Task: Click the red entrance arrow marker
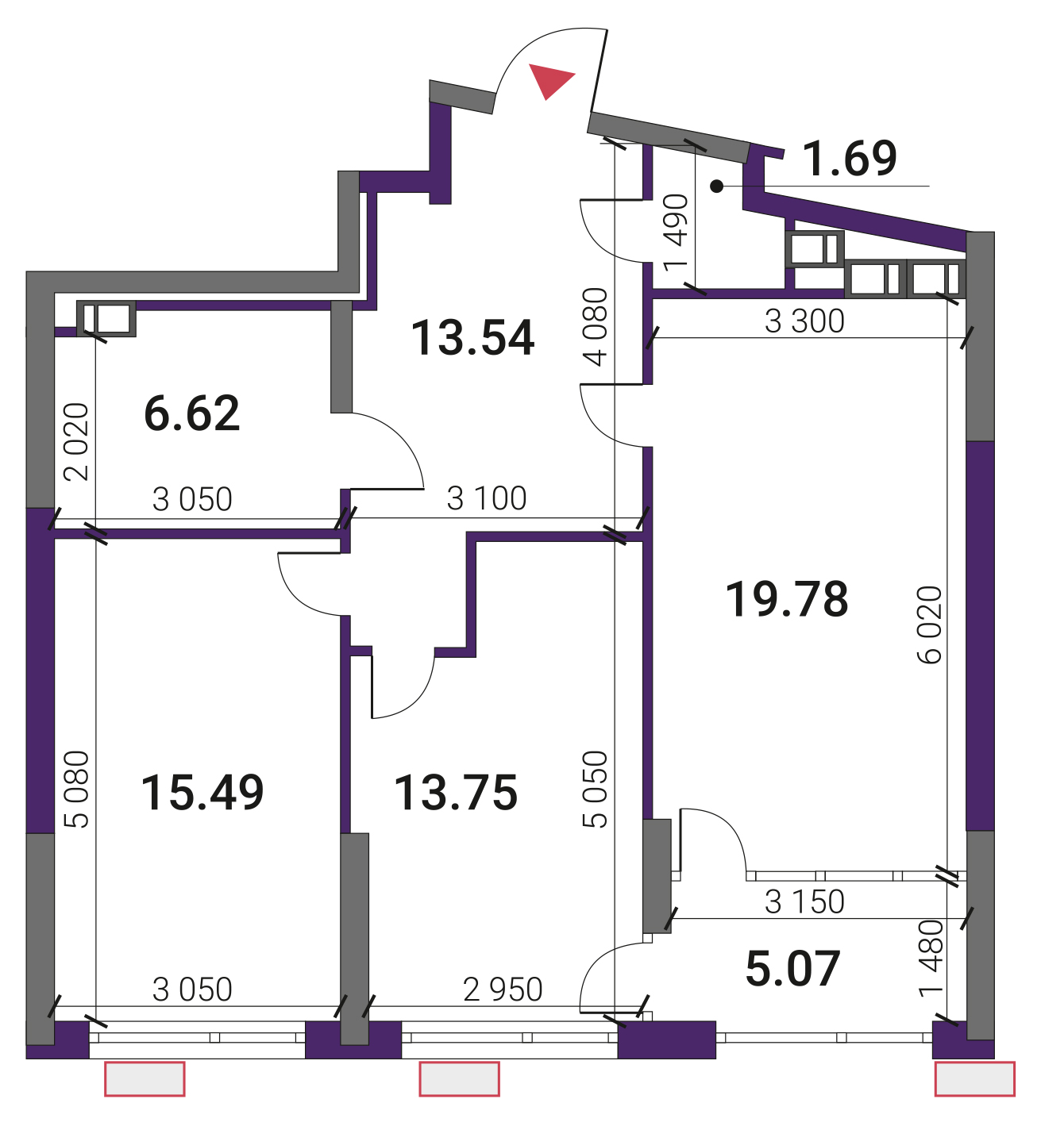(x=549, y=80)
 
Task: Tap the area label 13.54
(x=472, y=339)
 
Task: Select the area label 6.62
(x=192, y=413)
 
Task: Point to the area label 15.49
(x=202, y=792)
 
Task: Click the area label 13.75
(x=455, y=793)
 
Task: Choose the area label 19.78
(x=787, y=599)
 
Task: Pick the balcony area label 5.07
(x=792, y=969)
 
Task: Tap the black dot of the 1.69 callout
(x=717, y=186)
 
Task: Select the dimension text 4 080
(x=596, y=327)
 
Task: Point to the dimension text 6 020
(x=930, y=624)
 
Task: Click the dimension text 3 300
(x=804, y=321)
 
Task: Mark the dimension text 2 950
(x=503, y=990)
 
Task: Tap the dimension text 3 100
(x=487, y=498)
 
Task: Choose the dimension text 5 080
(x=77, y=790)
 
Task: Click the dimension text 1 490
(x=676, y=233)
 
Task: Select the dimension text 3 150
(x=804, y=901)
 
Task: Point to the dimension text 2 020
(x=77, y=442)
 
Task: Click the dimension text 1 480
(x=931, y=959)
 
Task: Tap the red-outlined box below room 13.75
(x=459, y=1078)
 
